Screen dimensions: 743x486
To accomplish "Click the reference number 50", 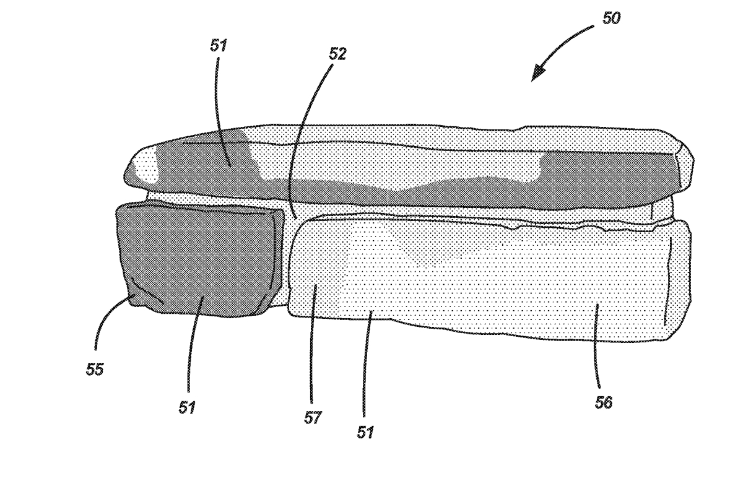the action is (x=611, y=18).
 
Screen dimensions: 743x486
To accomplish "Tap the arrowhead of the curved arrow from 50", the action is (x=537, y=74).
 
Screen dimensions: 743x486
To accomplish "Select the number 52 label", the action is (x=337, y=54).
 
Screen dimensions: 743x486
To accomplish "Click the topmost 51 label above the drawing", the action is (x=219, y=45).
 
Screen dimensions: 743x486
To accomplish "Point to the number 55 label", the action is (x=95, y=369).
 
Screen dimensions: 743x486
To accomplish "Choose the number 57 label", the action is (x=313, y=418).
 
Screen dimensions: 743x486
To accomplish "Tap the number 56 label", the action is (x=603, y=403).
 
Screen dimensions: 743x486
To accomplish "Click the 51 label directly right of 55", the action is (x=187, y=407).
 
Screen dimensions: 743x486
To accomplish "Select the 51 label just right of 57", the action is (x=365, y=432).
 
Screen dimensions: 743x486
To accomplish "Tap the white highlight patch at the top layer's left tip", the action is (x=146, y=166).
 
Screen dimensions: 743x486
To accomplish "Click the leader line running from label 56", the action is (x=596, y=345).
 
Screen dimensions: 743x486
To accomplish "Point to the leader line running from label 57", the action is (x=312, y=342).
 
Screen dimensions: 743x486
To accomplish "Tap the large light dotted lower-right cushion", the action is (x=488, y=279).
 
